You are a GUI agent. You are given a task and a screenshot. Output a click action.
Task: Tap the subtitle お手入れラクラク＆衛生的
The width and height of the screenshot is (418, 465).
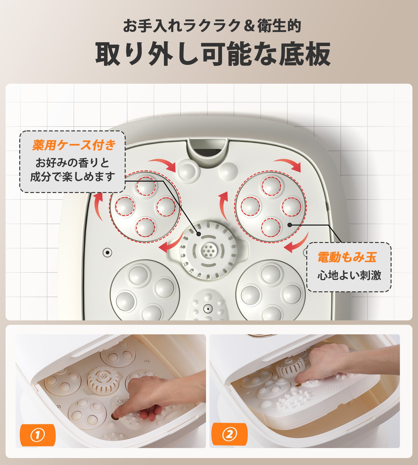point(212,26)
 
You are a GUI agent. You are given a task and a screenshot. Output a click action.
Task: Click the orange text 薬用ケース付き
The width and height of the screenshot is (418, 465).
point(74,145)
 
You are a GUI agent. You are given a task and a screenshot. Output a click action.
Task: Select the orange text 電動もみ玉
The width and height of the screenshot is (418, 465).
point(347,257)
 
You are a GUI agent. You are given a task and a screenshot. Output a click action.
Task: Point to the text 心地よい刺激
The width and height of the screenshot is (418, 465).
point(349,275)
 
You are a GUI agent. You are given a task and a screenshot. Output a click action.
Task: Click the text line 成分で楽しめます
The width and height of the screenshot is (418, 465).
point(72,177)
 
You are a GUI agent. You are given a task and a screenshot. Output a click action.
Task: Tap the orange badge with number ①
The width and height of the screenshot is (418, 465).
point(37,435)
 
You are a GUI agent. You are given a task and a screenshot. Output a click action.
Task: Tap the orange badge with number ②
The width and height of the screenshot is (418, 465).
point(229,434)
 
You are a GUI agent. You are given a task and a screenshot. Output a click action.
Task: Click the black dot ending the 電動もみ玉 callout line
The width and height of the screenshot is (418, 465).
point(289,225)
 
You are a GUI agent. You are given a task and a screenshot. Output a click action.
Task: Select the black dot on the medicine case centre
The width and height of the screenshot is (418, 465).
point(199,234)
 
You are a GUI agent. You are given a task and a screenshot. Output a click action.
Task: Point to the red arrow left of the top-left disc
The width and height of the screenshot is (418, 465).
point(98,206)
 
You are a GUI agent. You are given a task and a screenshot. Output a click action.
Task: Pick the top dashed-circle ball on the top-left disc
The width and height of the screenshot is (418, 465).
point(146,186)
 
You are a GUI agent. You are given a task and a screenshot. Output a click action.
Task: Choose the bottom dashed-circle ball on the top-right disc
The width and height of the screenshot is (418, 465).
point(271,227)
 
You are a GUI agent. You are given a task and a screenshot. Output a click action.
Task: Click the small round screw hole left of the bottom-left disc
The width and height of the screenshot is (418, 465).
point(107,252)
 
